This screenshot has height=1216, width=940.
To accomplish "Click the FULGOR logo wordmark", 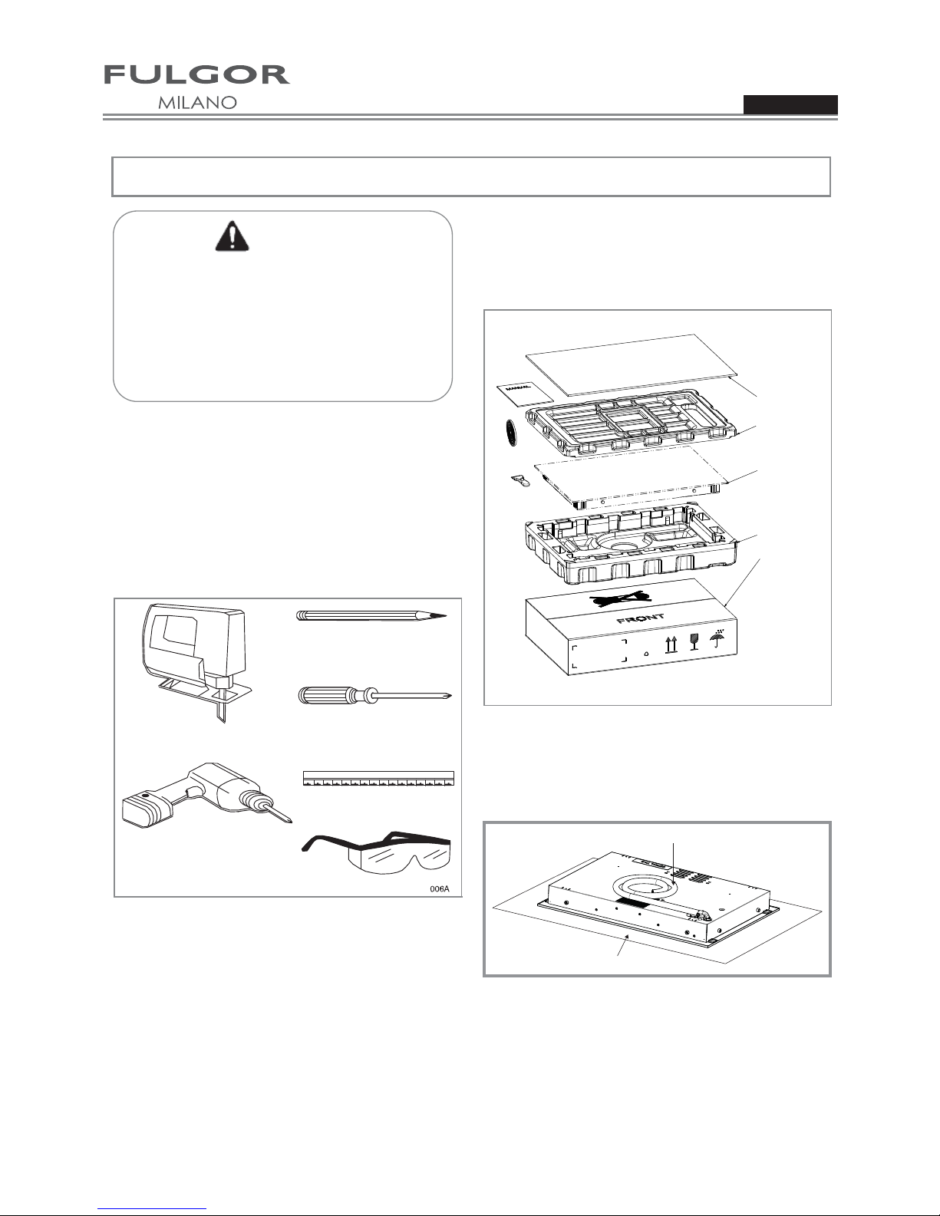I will tap(196, 74).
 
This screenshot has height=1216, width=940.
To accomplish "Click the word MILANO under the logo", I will tap(197, 103).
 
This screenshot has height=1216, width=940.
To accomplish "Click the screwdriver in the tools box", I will tap(374, 697).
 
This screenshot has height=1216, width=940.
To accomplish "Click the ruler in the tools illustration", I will tap(379, 778).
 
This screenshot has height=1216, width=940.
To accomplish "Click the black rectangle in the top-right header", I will tap(790, 105).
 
